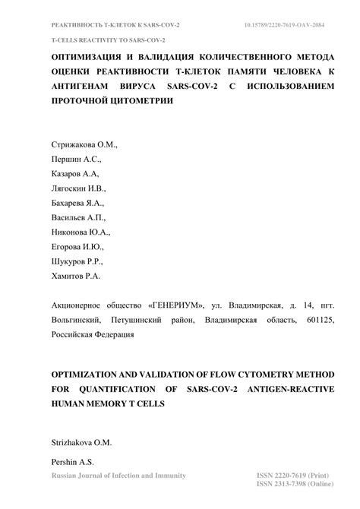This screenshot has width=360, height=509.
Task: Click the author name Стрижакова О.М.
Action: (84, 145)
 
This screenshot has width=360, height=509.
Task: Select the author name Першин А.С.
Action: (75, 160)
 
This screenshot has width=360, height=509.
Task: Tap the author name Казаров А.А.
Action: (75, 174)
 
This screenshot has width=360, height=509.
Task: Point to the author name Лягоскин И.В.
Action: (79, 188)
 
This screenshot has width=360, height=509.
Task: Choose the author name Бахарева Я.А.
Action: (77, 203)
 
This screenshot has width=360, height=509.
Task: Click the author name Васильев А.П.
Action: (79, 218)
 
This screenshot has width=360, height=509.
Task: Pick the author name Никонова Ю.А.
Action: (81, 232)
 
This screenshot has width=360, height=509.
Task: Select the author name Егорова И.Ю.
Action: (77, 247)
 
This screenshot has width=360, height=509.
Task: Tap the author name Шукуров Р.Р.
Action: (77, 261)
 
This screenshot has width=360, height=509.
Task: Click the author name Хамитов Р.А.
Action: (76, 277)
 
